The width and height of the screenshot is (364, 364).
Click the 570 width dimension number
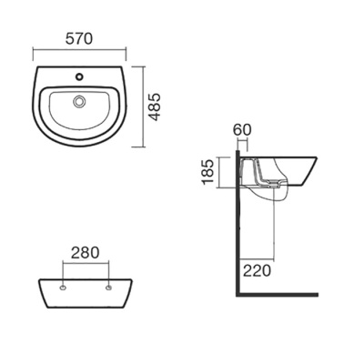79,39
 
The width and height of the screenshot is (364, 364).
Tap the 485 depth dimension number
156,107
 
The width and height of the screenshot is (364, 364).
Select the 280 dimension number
85,253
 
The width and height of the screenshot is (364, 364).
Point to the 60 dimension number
242,130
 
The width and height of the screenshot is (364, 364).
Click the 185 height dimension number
209,172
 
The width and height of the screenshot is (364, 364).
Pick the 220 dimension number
257,270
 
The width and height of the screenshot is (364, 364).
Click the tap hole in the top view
79,76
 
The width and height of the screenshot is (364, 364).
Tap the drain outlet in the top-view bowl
79,101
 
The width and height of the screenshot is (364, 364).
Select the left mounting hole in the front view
63,288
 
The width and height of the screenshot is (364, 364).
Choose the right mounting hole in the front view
108,288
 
